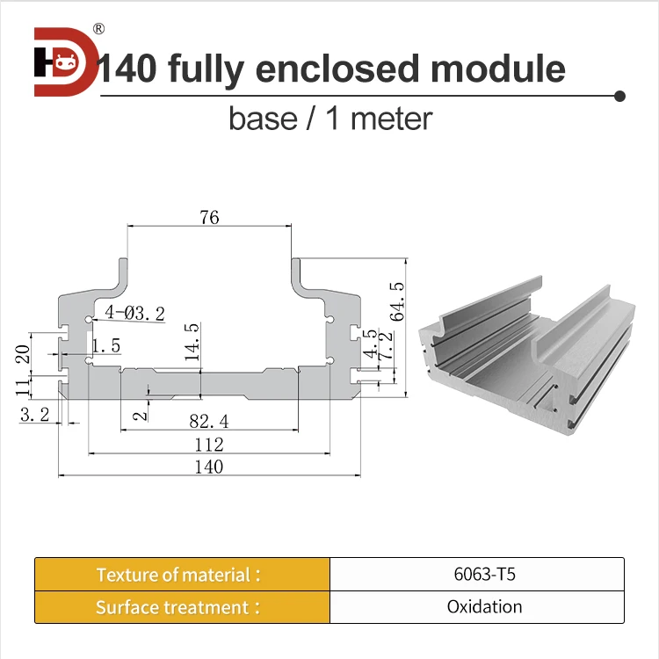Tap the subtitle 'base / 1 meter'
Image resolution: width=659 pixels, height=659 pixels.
pyautogui.click(x=330, y=118)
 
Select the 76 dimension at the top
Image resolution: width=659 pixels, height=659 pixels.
pyautogui.click(x=208, y=216)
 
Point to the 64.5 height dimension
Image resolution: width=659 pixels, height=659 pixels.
pyautogui.click(x=396, y=301)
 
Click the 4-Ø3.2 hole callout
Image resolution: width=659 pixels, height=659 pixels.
pyautogui.click(x=134, y=313)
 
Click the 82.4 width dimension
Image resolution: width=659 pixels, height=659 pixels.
pyautogui.click(x=208, y=422)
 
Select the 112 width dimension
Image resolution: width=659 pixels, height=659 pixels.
pyautogui.click(x=208, y=445)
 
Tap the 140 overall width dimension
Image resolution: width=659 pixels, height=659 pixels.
pyautogui.click(x=208, y=467)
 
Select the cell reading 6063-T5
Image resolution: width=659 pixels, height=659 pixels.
pyautogui.click(x=476, y=575)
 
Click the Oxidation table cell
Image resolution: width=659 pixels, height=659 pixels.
pyautogui.click(x=476, y=606)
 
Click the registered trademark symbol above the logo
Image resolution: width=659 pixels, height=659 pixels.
pyautogui.click(x=99, y=29)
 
